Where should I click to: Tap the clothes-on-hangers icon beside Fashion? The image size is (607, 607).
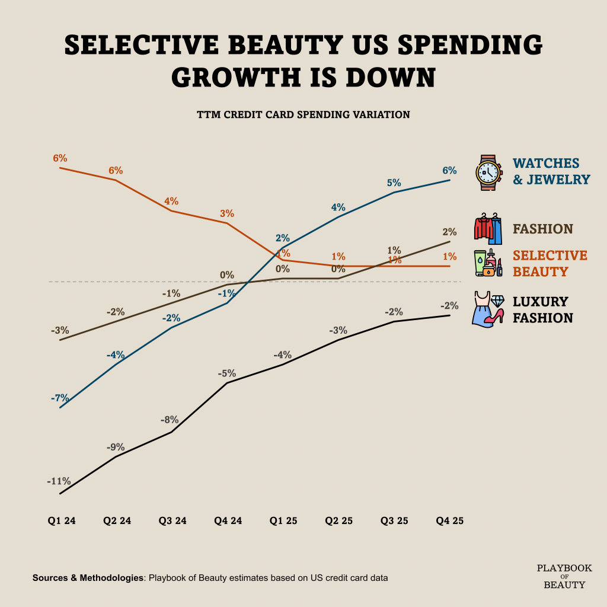(488, 229)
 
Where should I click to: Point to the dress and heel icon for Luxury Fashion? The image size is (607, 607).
(488, 308)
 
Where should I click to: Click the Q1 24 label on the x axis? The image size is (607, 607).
(62, 521)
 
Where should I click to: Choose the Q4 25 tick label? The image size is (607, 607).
(449, 521)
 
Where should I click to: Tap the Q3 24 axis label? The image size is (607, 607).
(172, 521)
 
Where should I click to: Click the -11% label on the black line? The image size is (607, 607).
(59, 481)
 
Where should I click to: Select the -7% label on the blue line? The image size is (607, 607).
(59, 398)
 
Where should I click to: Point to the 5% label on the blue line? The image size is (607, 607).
(394, 183)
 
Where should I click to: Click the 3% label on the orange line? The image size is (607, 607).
(227, 213)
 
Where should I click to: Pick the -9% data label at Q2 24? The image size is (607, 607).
(115, 448)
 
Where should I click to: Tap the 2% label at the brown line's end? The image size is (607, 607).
(449, 232)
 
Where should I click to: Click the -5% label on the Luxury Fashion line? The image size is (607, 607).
(226, 373)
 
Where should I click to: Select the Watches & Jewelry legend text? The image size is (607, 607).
(551, 171)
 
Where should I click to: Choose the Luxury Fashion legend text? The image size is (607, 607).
(542, 309)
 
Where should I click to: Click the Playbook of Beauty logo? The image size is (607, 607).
(564, 576)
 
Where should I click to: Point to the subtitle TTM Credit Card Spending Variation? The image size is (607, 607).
(303, 114)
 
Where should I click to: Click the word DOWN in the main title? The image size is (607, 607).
(386, 77)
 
